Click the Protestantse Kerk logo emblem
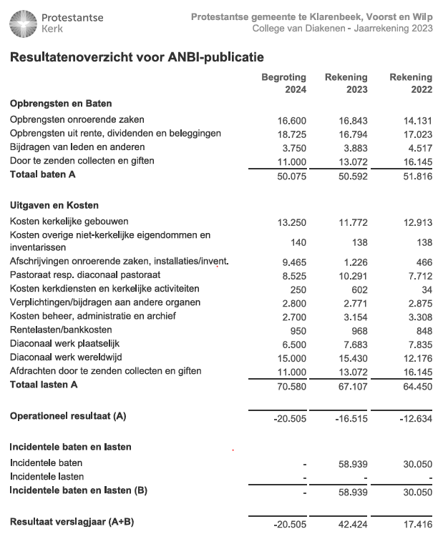click(23, 23)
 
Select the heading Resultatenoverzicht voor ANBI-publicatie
click(137, 57)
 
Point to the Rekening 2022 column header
click(410, 83)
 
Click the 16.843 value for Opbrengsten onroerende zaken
click(353, 120)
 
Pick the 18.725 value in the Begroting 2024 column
click(291, 134)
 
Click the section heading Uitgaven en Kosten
click(54, 205)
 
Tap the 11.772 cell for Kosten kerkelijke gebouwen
click(353, 222)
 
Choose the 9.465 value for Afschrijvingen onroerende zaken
click(294, 262)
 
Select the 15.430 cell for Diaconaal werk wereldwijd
click(353, 357)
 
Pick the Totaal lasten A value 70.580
click(291, 386)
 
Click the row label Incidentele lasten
click(47, 476)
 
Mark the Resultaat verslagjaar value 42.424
click(353, 525)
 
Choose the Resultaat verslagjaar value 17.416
click(417, 525)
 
